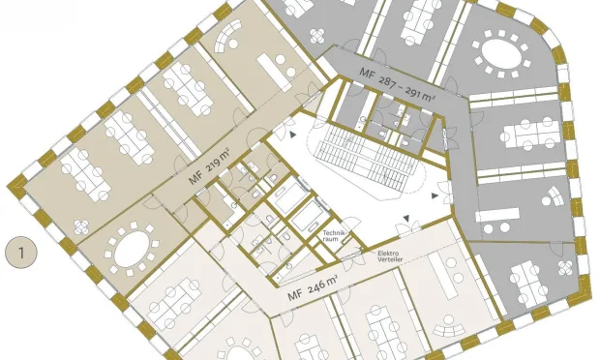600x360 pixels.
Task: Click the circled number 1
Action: pyautogui.click(x=21, y=253)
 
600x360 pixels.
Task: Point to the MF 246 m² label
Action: pyautogui.click(x=313, y=286)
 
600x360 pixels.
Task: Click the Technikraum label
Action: pyautogui.click(x=331, y=236)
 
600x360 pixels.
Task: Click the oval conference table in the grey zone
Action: pyautogui.click(x=501, y=54)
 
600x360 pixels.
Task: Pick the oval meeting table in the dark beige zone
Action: pyautogui.click(x=132, y=247)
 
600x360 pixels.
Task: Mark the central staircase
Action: pyautogui.click(x=367, y=160)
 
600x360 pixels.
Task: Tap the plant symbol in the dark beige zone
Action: pyautogui.click(x=81, y=227)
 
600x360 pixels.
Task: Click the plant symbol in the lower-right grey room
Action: pyautogui.click(x=565, y=268)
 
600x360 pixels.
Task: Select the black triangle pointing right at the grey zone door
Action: pyautogui.click(x=435, y=195)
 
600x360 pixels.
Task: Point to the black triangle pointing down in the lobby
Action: pyautogui.click(x=406, y=218)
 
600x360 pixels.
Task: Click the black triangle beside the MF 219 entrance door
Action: pyautogui.click(x=292, y=135)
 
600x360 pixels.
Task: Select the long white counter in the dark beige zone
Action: pyautogui.click(x=273, y=72)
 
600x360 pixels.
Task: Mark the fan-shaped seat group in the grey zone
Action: pyautogui.click(x=553, y=197)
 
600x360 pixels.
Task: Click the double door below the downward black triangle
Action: pyautogui.click(x=407, y=229)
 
